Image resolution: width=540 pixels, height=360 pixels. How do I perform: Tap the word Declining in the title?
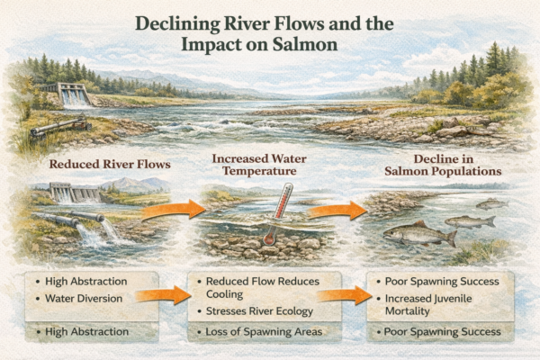click(x=175, y=21)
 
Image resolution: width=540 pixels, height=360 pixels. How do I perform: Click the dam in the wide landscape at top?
click(x=76, y=94)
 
